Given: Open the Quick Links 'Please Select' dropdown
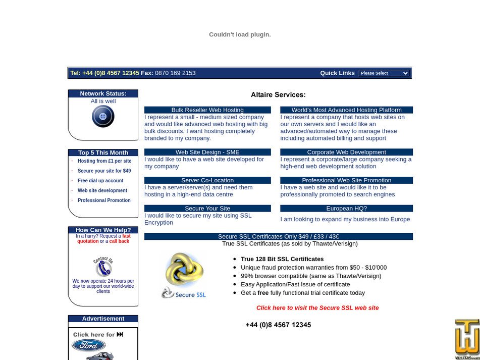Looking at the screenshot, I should click(x=384, y=73).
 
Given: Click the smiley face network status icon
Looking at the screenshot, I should click(x=103, y=117).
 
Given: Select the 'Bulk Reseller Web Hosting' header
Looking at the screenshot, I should click(x=207, y=110).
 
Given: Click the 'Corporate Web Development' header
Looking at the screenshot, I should click(x=346, y=152).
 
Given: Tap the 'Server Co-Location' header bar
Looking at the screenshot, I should click(x=207, y=180).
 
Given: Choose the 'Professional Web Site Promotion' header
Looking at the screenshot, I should click(x=346, y=180).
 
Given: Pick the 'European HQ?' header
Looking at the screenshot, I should click(x=346, y=209).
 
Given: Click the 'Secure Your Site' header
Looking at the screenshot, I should click(x=207, y=209).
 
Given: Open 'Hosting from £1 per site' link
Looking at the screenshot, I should click(x=104, y=161).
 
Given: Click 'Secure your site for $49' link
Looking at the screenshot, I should click(x=104, y=171).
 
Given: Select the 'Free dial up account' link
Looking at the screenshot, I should click(x=100, y=181).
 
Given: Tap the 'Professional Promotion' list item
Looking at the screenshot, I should click(x=104, y=200).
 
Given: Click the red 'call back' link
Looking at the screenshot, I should click(x=119, y=241).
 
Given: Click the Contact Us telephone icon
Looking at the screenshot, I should click(x=103, y=267).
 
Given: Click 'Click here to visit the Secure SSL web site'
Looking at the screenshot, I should click(x=317, y=308).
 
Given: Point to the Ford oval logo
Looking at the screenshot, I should click(x=89, y=345).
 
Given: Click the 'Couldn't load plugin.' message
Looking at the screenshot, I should click(x=240, y=35).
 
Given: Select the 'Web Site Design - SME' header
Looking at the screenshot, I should click(x=207, y=152).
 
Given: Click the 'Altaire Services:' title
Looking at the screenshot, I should click(x=278, y=95).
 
